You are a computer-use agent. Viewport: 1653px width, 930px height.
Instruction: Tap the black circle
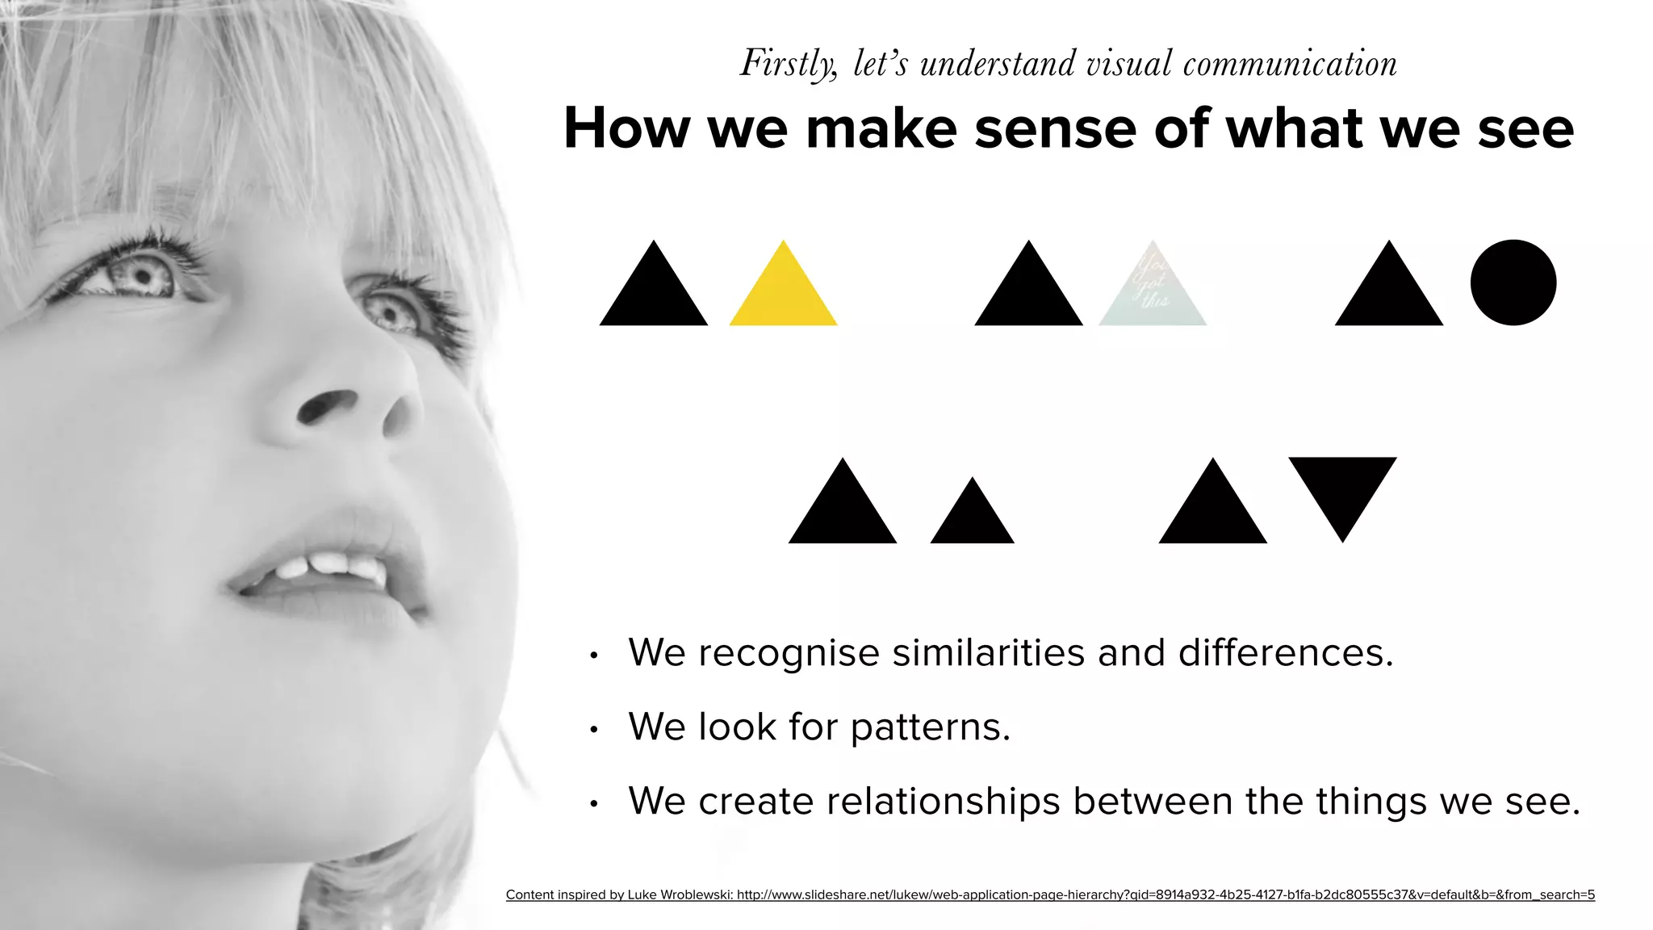click(1513, 283)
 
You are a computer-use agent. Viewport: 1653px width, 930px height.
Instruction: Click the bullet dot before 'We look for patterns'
click(593, 730)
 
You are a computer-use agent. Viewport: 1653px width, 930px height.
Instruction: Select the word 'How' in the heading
click(626, 128)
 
